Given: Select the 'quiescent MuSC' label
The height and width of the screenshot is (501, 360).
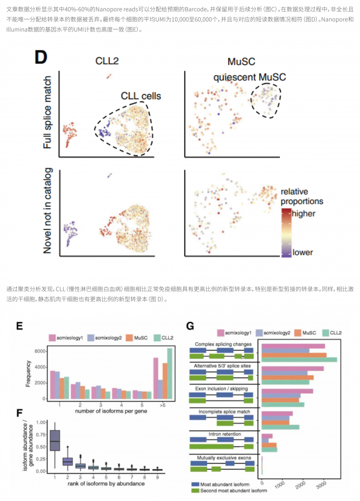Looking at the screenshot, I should (250, 77).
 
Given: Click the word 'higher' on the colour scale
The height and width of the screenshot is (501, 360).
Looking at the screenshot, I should (304, 213).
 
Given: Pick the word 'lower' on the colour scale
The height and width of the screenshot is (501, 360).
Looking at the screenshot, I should (302, 252).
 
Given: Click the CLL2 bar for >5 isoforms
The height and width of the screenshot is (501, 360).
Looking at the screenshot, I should (170, 374).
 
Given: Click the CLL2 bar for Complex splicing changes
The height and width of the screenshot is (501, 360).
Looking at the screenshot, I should (299, 360).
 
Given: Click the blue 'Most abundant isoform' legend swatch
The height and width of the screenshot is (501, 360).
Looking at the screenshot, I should (194, 484).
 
